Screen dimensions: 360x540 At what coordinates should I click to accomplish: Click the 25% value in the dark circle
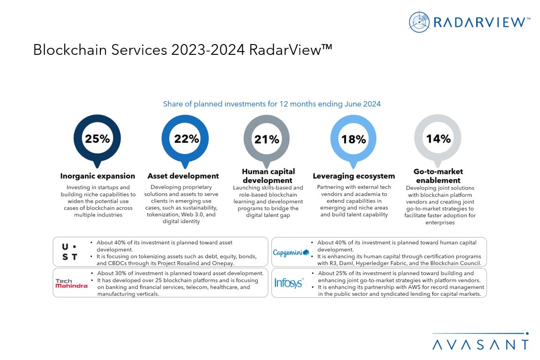point(97,138)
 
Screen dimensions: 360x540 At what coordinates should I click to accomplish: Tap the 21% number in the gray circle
point(267,139)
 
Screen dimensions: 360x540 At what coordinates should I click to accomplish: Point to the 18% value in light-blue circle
point(353,139)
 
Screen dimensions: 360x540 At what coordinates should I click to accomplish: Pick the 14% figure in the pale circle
point(438,139)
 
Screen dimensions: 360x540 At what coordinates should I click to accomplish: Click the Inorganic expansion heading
point(97,176)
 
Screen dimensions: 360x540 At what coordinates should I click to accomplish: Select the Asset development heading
point(183,176)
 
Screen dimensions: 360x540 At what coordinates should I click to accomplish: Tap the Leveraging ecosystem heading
point(354,176)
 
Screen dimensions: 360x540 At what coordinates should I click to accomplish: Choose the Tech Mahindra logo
point(71,283)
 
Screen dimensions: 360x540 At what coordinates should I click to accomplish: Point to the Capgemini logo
point(291,253)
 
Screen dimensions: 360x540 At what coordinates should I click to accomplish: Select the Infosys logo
point(289,283)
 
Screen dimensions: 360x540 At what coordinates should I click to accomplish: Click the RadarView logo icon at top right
point(419,22)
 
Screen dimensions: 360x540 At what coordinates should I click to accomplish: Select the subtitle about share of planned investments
point(272,104)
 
